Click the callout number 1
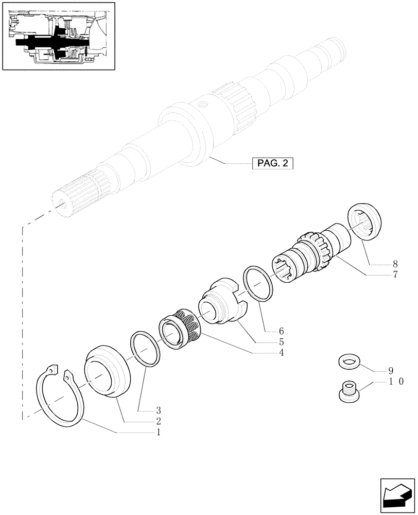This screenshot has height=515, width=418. click(159, 433)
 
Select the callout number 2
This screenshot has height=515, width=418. click(159, 421)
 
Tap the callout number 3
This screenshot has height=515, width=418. click(159, 410)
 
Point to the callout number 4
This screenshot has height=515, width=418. click(282, 353)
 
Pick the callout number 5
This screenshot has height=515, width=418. click(282, 341)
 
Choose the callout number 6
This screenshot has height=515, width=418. click(282, 331)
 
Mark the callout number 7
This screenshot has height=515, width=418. click(395, 274)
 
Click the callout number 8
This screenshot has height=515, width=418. click(395, 263)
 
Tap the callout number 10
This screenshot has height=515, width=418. click(395, 382)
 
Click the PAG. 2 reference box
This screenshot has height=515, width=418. click(272, 164)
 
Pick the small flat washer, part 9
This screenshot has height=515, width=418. click(350, 363)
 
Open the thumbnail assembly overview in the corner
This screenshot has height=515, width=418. click(57, 36)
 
